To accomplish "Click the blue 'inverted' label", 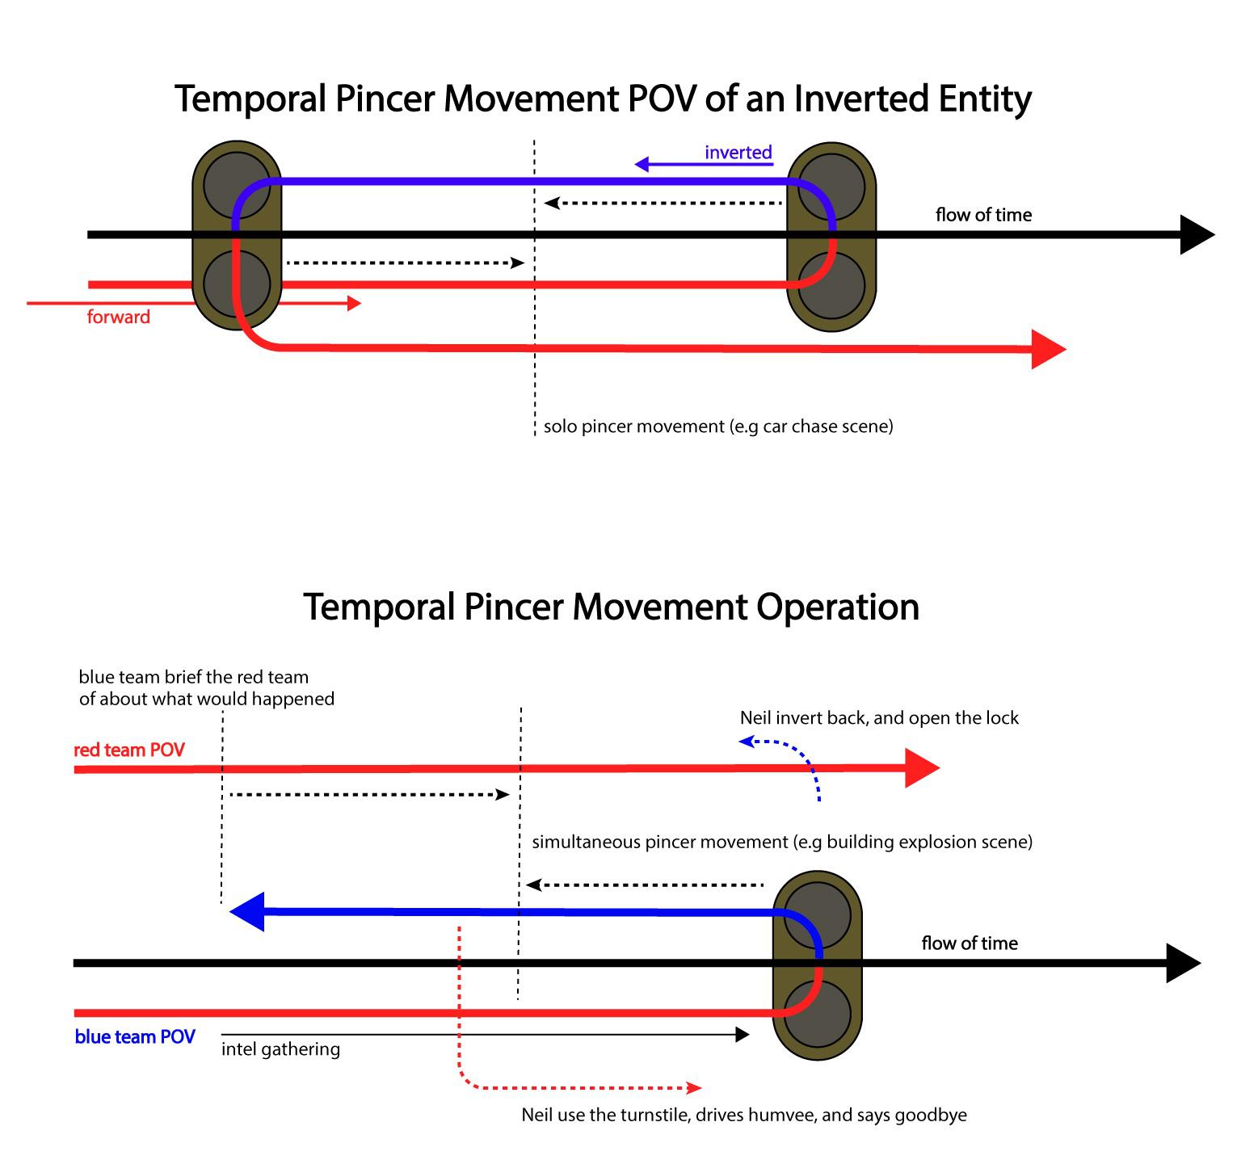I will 738,153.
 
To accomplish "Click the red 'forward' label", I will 119,317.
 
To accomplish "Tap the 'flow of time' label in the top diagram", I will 983,215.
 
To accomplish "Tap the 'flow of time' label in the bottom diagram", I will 970,944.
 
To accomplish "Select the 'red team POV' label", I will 129,750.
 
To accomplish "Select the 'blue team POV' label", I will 135,1037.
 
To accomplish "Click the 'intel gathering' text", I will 280,1049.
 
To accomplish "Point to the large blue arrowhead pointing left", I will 248,912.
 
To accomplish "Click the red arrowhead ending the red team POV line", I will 920,768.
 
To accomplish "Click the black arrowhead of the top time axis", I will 1197,235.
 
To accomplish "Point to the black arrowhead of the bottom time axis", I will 1183,963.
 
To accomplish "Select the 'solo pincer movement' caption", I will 718,427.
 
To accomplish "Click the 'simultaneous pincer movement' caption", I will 781,843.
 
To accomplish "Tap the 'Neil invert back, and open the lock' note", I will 879,718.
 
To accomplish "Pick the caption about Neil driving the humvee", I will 743,1116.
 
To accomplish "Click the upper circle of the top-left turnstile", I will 236,186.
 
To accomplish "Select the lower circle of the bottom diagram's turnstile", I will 817,1015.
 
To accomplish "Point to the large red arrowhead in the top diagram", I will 1048,349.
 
